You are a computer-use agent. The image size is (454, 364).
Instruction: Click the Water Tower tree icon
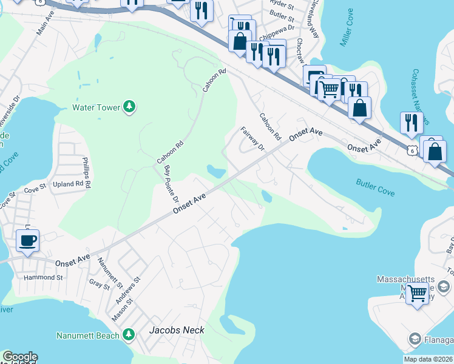click(x=129, y=107)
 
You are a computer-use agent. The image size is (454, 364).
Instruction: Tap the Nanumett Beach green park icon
click(x=128, y=335)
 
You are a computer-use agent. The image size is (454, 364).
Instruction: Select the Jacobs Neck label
click(x=177, y=331)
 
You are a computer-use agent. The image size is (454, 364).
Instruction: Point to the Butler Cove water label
click(x=375, y=187)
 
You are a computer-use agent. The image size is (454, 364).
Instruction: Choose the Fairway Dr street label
click(x=253, y=140)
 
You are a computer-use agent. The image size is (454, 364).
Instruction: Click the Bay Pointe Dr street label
click(x=171, y=184)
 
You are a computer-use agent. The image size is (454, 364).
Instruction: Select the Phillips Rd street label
click(x=86, y=172)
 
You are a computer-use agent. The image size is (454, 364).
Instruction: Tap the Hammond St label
click(x=43, y=277)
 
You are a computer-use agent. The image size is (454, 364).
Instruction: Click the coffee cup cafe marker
click(x=28, y=241)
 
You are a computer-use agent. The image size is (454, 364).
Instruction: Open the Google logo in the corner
click(x=20, y=357)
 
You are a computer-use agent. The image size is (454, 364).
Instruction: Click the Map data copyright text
click(x=429, y=359)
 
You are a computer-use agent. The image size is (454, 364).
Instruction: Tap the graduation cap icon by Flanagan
click(x=415, y=339)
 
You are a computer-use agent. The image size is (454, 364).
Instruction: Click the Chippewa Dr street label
click(x=282, y=27)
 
